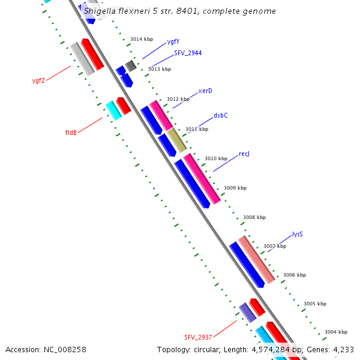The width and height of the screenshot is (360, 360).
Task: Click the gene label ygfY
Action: pos(173,42)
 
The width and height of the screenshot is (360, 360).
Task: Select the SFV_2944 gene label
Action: pos(188,53)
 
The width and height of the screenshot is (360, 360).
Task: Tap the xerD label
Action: pos(205,91)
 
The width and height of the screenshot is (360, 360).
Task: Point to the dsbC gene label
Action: pos(221,116)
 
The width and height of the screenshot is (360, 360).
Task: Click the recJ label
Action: pos(244,154)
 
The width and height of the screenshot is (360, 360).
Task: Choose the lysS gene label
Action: pos(297,234)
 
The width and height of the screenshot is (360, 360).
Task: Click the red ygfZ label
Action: pos(38,81)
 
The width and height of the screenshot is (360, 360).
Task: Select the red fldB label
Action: pos(71,133)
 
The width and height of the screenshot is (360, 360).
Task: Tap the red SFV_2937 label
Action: pos(198,337)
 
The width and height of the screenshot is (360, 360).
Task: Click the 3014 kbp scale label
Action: pos(142,39)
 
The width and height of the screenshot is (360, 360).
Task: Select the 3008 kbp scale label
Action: pos(254,217)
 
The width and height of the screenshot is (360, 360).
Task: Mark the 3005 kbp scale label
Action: pos(315,304)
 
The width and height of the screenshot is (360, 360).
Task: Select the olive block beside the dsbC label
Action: pos(176,140)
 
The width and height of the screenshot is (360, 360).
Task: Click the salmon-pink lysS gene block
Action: pos(257,259)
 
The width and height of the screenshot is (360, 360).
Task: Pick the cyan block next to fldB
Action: pos(113,110)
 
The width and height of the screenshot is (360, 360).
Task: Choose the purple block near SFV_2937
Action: pos(247,312)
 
